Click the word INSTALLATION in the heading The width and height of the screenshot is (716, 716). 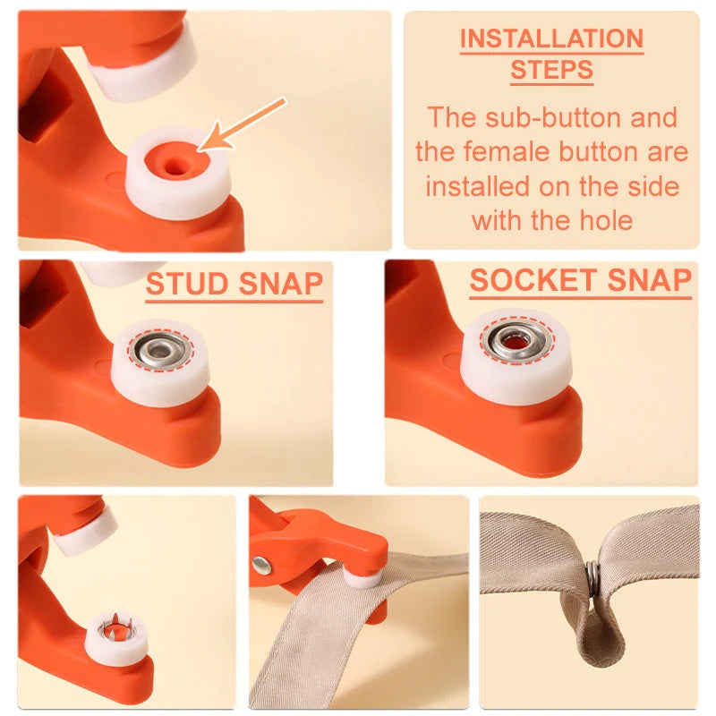click(x=551, y=39)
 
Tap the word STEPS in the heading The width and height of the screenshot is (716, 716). click(x=551, y=71)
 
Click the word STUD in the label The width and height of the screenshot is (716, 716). click(x=184, y=284)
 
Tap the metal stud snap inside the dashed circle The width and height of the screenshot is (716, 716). click(x=159, y=350)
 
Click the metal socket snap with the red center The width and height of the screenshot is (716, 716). click(x=516, y=341)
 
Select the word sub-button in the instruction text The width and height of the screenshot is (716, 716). click(x=560, y=117)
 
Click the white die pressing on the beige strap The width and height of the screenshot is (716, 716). click(x=363, y=577)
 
